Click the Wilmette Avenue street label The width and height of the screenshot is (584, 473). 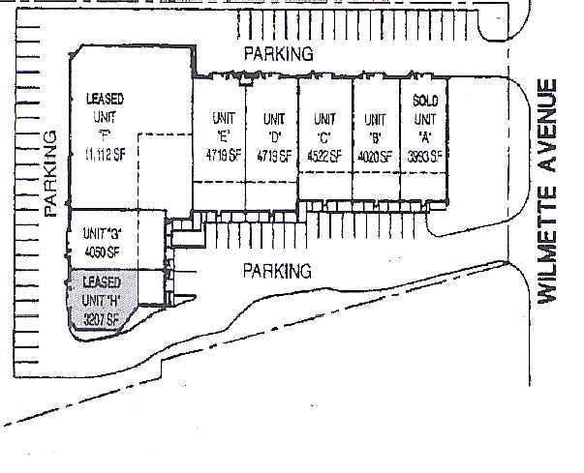click(551, 191)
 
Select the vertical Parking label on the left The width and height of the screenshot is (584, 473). click(51, 172)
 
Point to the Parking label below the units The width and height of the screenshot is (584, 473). click(277, 271)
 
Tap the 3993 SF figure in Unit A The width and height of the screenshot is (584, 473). click(424, 156)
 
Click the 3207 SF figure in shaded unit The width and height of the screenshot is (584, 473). click(101, 318)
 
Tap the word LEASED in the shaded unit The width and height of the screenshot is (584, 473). click(102, 282)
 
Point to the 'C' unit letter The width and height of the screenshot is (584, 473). click(323, 137)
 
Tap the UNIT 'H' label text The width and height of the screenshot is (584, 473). click(101, 300)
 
